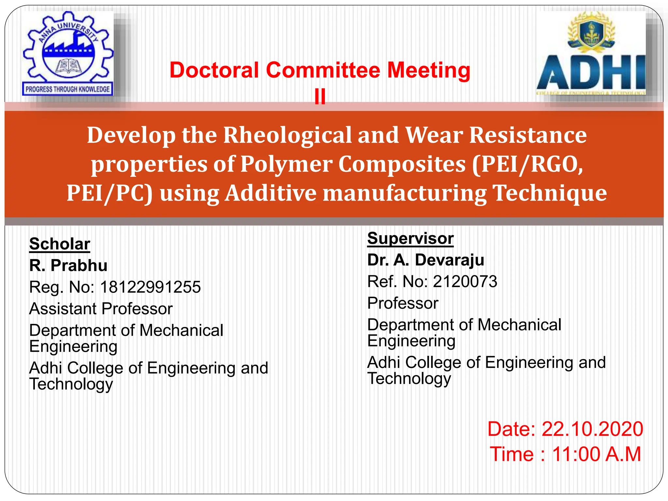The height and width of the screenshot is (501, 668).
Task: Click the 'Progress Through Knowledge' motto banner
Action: point(68,89)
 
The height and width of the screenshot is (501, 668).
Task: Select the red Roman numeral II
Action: point(320,97)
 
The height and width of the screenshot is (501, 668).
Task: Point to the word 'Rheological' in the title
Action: point(287,135)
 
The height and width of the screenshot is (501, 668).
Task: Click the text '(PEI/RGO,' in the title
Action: point(528,164)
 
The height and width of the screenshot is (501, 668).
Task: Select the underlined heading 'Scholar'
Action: point(60,244)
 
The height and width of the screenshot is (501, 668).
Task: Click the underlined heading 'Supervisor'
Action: point(410,238)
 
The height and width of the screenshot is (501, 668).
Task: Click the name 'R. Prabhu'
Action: point(68,265)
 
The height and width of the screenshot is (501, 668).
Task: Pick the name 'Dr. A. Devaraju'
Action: point(426,260)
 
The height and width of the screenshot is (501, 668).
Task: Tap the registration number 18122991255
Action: point(150,287)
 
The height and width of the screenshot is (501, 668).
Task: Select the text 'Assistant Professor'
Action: point(101,309)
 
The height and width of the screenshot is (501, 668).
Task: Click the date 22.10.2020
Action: point(592,429)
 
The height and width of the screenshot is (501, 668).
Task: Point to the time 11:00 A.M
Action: point(596,454)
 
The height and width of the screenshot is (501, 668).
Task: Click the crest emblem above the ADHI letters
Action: point(591,32)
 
